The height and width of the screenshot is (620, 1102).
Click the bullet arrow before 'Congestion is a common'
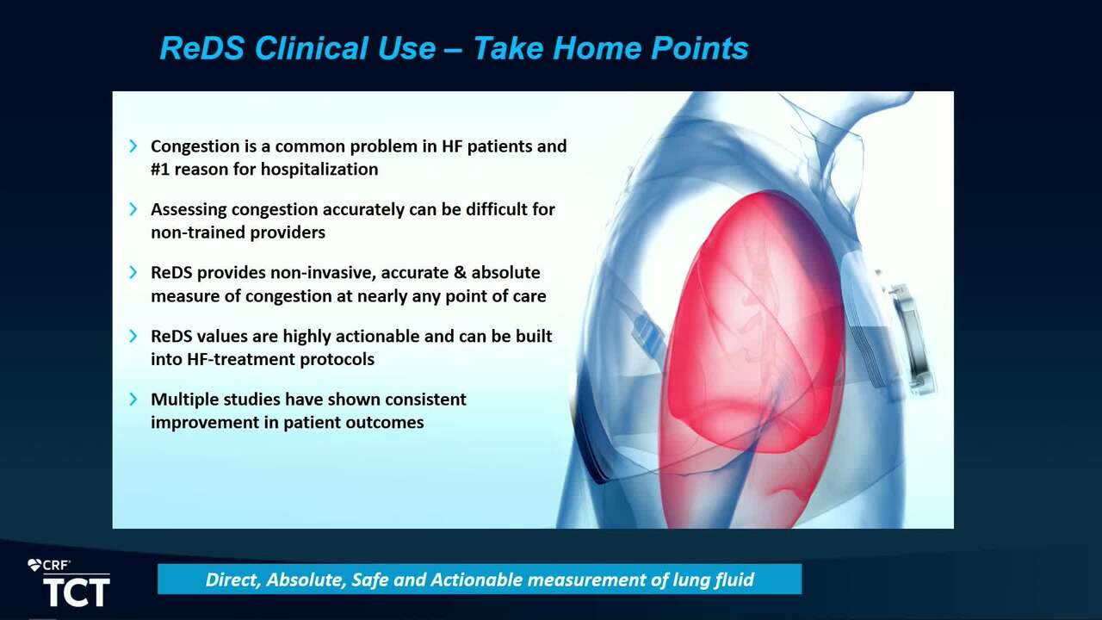click(133, 146)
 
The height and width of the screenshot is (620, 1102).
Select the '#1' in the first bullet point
click(160, 170)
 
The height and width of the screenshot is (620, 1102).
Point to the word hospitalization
click(319, 170)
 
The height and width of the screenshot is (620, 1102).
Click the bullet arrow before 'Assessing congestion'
click(133, 209)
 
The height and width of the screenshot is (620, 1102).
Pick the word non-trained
click(198, 232)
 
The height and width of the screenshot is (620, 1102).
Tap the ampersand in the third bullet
click(460, 273)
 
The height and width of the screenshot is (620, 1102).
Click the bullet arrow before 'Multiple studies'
click(133, 399)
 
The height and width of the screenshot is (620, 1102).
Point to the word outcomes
click(384, 423)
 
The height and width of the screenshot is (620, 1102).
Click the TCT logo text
click(77, 592)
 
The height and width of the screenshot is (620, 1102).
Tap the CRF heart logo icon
click(34, 565)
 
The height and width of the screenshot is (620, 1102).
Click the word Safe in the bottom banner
click(370, 580)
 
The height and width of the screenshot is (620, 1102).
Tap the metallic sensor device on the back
click(912, 338)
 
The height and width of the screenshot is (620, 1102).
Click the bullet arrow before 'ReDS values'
click(133, 336)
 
